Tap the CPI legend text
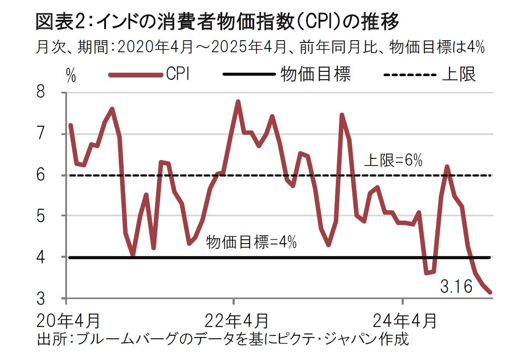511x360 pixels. click(178, 74)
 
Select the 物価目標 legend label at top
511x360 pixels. click(315, 74)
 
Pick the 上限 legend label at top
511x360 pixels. click(459, 74)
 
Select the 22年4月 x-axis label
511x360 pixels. click(236, 321)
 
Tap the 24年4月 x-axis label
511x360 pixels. click(404, 321)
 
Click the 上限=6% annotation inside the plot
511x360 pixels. click(393, 161)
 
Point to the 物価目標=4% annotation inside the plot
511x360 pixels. click(251, 242)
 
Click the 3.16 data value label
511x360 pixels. click(456, 286)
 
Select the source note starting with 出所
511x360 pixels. click(223, 338)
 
